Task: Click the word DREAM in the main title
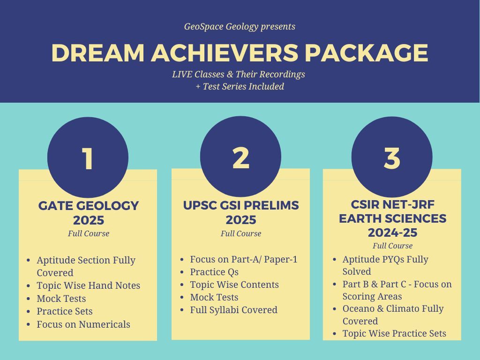(x=97, y=53)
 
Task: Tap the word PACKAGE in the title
(x=366, y=53)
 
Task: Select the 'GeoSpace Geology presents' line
(x=240, y=27)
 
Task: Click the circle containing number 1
(x=88, y=157)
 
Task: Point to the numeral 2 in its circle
(x=241, y=158)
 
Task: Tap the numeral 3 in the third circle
(x=392, y=158)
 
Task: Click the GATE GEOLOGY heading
(x=89, y=206)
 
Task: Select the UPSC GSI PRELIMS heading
(x=241, y=205)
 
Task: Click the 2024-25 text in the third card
(x=392, y=232)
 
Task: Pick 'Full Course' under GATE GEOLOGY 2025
(x=89, y=233)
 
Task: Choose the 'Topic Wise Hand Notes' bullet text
(x=89, y=285)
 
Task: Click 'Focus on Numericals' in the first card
(x=83, y=324)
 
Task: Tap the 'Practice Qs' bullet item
(x=214, y=272)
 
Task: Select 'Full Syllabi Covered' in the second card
(x=233, y=310)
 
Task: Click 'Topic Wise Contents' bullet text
(x=234, y=285)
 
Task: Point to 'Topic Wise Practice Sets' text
(x=394, y=333)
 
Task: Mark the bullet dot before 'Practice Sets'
(x=29, y=312)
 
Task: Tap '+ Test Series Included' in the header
(x=240, y=87)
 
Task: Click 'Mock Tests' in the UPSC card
(x=214, y=297)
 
